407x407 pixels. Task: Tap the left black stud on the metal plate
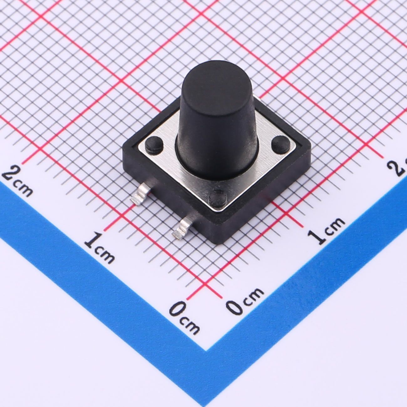[x=154, y=144]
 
